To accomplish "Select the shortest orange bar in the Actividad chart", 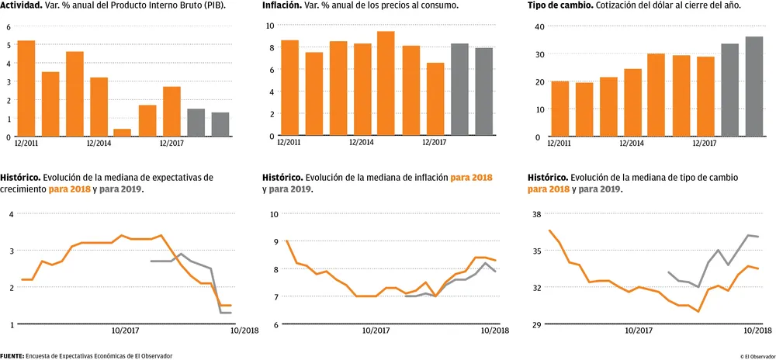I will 123,133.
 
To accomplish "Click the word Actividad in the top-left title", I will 23,5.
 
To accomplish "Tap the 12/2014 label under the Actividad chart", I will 99,143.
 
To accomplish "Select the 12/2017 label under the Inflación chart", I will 435,143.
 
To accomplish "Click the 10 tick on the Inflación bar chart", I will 270,25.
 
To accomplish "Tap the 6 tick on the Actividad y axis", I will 9,26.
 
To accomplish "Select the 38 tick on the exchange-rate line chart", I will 536,214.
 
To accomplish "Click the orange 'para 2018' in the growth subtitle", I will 70,189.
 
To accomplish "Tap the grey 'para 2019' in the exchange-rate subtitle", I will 599,189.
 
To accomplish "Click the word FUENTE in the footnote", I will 12,355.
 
